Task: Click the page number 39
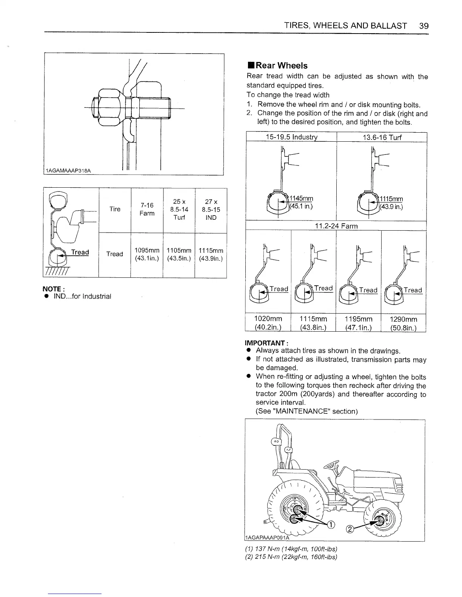(x=423, y=26)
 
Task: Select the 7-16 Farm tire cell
(x=147, y=209)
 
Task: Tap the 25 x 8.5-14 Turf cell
(x=179, y=210)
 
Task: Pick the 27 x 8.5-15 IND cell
(x=211, y=210)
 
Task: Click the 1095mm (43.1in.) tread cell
(x=147, y=254)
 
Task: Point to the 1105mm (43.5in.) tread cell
(x=179, y=254)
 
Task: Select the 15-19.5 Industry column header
(x=291, y=137)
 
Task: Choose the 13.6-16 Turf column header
(x=382, y=137)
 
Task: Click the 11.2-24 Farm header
(x=336, y=226)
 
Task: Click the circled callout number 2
(x=350, y=529)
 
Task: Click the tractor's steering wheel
(x=333, y=463)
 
